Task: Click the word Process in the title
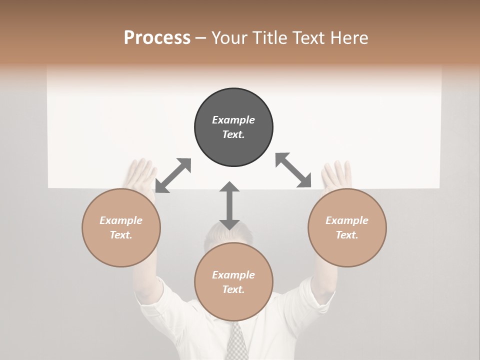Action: click(x=157, y=38)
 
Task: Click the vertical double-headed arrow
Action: click(x=229, y=205)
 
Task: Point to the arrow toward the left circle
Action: click(x=173, y=175)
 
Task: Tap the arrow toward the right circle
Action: click(x=293, y=170)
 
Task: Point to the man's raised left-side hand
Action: click(x=141, y=173)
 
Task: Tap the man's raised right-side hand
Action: click(x=336, y=174)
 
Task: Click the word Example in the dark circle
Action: click(x=233, y=120)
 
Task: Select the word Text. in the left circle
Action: click(x=121, y=235)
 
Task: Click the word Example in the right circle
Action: click(x=347, y=220)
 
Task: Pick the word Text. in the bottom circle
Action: click(x=233, y=289)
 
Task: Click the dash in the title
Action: click(x=201, y=38)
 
